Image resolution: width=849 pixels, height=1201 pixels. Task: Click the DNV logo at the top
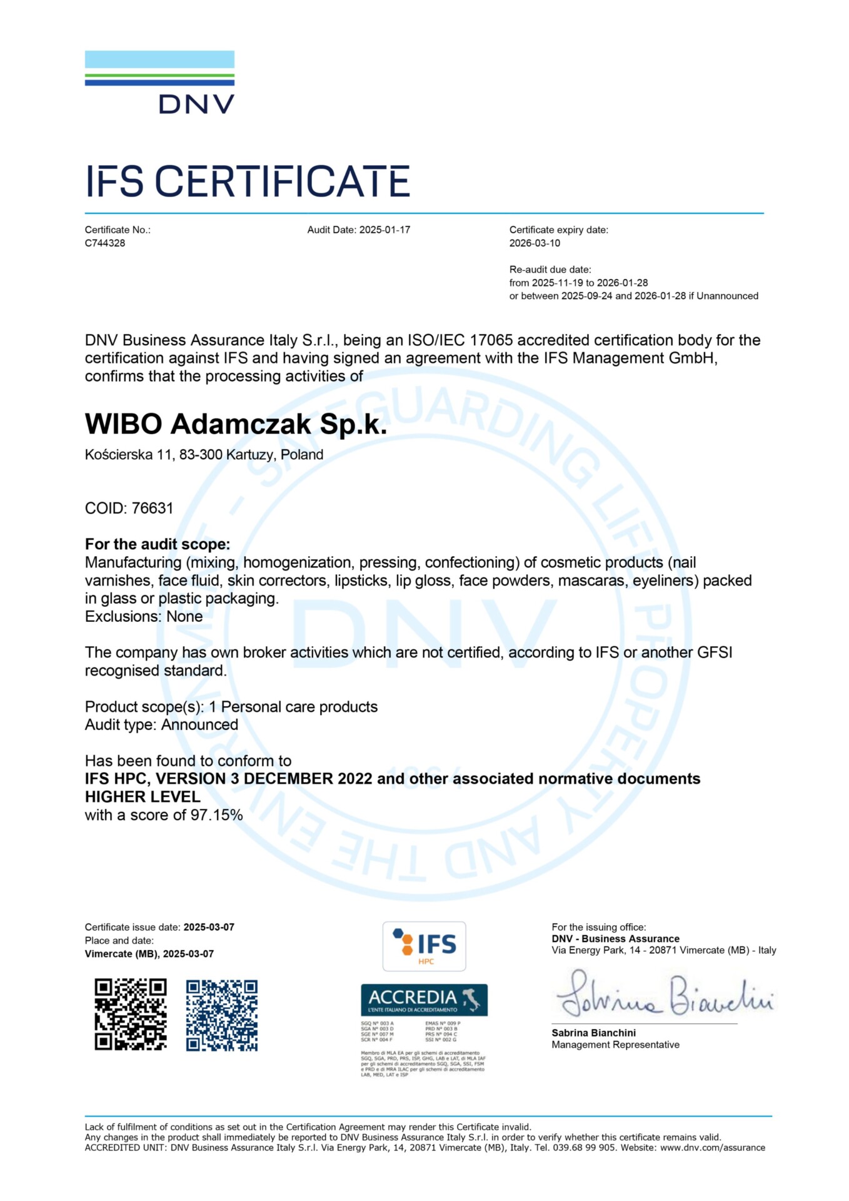click(x=159, y=83)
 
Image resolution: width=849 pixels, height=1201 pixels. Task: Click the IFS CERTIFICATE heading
click(x=248, y=181)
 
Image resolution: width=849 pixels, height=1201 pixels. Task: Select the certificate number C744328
click(x=105, y=243)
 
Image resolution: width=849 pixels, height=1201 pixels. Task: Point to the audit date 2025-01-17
click(x=384, y=230)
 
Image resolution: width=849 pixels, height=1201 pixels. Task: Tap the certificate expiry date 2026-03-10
click(x=535, y=243)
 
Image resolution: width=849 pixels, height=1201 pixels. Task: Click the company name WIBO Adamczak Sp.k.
click(x=236, y=424)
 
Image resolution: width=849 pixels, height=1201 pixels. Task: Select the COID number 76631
click(x=152, y=508)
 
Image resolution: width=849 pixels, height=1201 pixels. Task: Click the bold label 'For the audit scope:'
click(x=158, y=544)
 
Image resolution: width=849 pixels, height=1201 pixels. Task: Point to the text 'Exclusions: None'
click(x=144, y=617)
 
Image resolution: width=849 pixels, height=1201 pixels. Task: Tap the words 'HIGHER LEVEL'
click(x=143, y=797)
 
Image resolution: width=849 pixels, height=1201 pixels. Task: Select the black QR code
click(x=131, y=1015)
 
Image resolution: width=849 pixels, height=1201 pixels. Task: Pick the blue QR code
click(x=222, y=1015)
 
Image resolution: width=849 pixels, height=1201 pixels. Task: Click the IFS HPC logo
click(x=424, y=946)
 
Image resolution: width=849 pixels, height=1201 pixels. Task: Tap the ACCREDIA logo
click(x=424, y=1000)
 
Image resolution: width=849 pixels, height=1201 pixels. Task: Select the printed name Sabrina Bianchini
click(x=593, y=1033)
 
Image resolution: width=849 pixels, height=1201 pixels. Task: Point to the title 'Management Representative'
click(x=615, y=1045)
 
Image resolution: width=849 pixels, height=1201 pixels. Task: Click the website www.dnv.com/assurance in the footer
click(x=712, y=1147)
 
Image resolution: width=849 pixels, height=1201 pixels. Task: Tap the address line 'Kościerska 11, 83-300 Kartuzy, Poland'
click(x=204, y=455)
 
